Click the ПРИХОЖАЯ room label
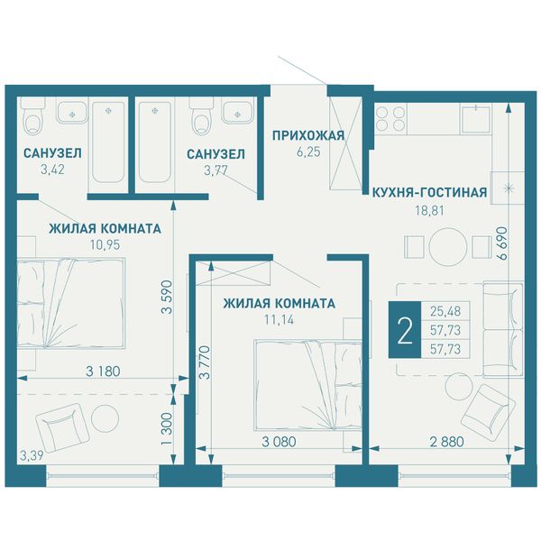pyautogui.click(x=308, y=135)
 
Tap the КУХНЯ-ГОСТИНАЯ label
pyautogui.click(x=429, y=192)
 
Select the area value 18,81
pyautogui.click(x=429, y=210)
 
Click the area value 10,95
pyautogui.click(x=105, y=245)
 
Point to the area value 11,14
pyautogui.click(x=279, y=320)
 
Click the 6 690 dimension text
pyautogui.click(x=501, y=243)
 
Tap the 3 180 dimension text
pyautogui.click(x=103, y=371)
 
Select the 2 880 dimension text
pyautogui.click(x=447, y=442)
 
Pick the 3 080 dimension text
pyautogui.click(x=279, y=442)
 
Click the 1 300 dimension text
pyautogui.click(x=167, y=429)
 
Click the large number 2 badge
pyautogui.click(x=405, y=329)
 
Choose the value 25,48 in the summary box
pyautogui.click(x=445, y=311)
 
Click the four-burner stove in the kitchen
pyautogui.click(x=390, y=117)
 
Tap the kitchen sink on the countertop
pyautogui.click(x=476, y=119)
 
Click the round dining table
pyautogui.click(x=448, y=247)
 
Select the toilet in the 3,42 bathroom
pyautogui.click(x=33, y=116)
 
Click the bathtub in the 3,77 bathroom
pyautogui.click(x=154, y=142)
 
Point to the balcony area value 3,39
pyautogui.click(x=32, y=455)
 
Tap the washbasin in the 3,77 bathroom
pyautogui.click(x=237, y=110)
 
